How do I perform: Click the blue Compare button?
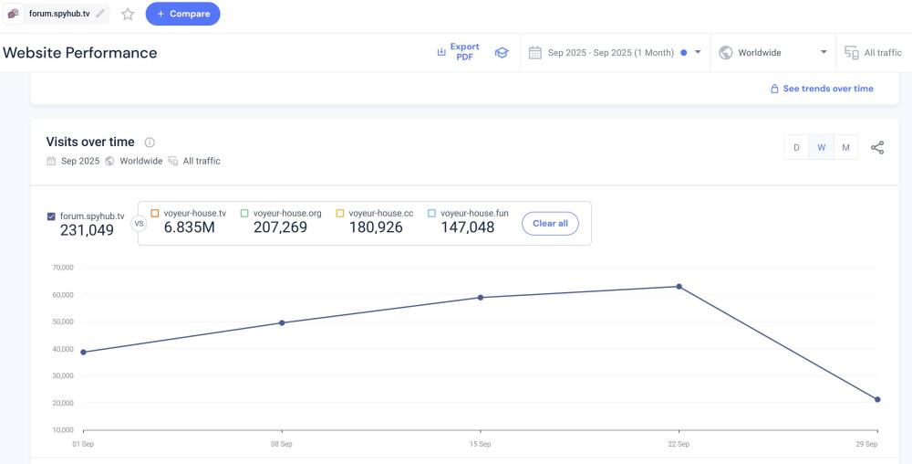[x=182, y=14]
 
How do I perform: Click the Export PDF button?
[x=458, y=52]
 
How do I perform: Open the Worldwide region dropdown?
[x=774, y=53]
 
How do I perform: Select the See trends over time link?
[x=822, y=89]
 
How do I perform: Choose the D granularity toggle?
[x=796, y=148]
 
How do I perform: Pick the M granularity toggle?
[x=846, y=148]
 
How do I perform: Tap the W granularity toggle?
[x=822, y=148]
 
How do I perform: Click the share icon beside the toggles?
[x=877, y=148]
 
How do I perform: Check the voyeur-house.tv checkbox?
[x=155, y=213]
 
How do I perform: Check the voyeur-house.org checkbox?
[x=244, y=213]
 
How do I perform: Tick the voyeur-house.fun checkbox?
[x=432, y=213]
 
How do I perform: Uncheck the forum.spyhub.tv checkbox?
[x=51, y=216]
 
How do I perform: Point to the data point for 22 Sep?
[x=679, y=287]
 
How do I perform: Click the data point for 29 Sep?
[x=877, y=399]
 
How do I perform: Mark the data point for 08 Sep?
[x=282, y=322]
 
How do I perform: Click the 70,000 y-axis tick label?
[x=61, y=268]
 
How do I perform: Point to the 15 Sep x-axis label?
[x=480, y=444]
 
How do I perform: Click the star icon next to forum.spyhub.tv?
[x=128, y=14]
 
